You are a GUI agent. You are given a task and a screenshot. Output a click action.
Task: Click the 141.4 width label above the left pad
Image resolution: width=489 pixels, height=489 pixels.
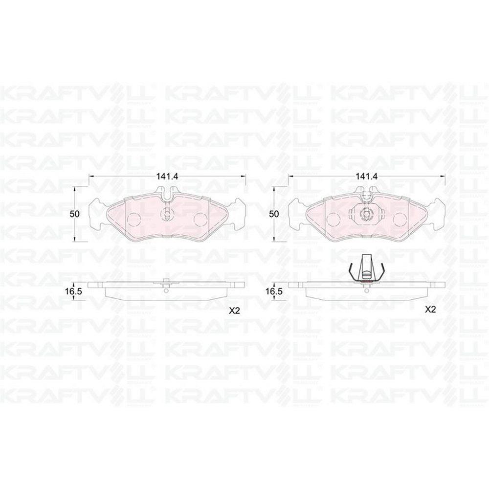click(x=167, y=176)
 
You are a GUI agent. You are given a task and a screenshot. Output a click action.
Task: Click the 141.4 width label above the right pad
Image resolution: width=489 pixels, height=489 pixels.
click(x=367, y=176)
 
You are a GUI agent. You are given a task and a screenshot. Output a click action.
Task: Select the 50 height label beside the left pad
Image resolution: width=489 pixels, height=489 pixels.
click(x=74, y=214)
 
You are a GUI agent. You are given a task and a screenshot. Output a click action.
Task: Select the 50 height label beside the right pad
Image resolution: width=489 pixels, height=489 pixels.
click(x=274, y=214)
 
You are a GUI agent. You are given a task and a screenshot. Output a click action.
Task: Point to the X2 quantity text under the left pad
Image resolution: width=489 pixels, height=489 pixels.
click(x=234, y=311)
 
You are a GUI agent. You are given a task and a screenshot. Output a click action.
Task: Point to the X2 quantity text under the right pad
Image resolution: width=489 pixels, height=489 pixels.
click(x=430, y=310)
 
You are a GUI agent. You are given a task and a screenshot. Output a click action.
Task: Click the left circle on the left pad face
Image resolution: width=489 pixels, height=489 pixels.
click(x=135, y=219)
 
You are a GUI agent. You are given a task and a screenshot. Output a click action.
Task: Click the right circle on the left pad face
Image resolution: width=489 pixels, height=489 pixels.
click(x=200, y=219)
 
